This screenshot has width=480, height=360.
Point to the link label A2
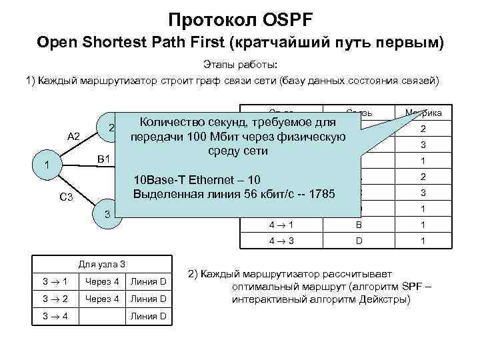coord(74,137)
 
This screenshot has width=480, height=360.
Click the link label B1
coord(104,159)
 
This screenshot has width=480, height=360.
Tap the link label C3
coord(67,197)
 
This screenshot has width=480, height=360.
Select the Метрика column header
coord(423,113)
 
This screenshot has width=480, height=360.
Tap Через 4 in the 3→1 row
coord(102,282)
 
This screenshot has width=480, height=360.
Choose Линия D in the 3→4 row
coord(148,315)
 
